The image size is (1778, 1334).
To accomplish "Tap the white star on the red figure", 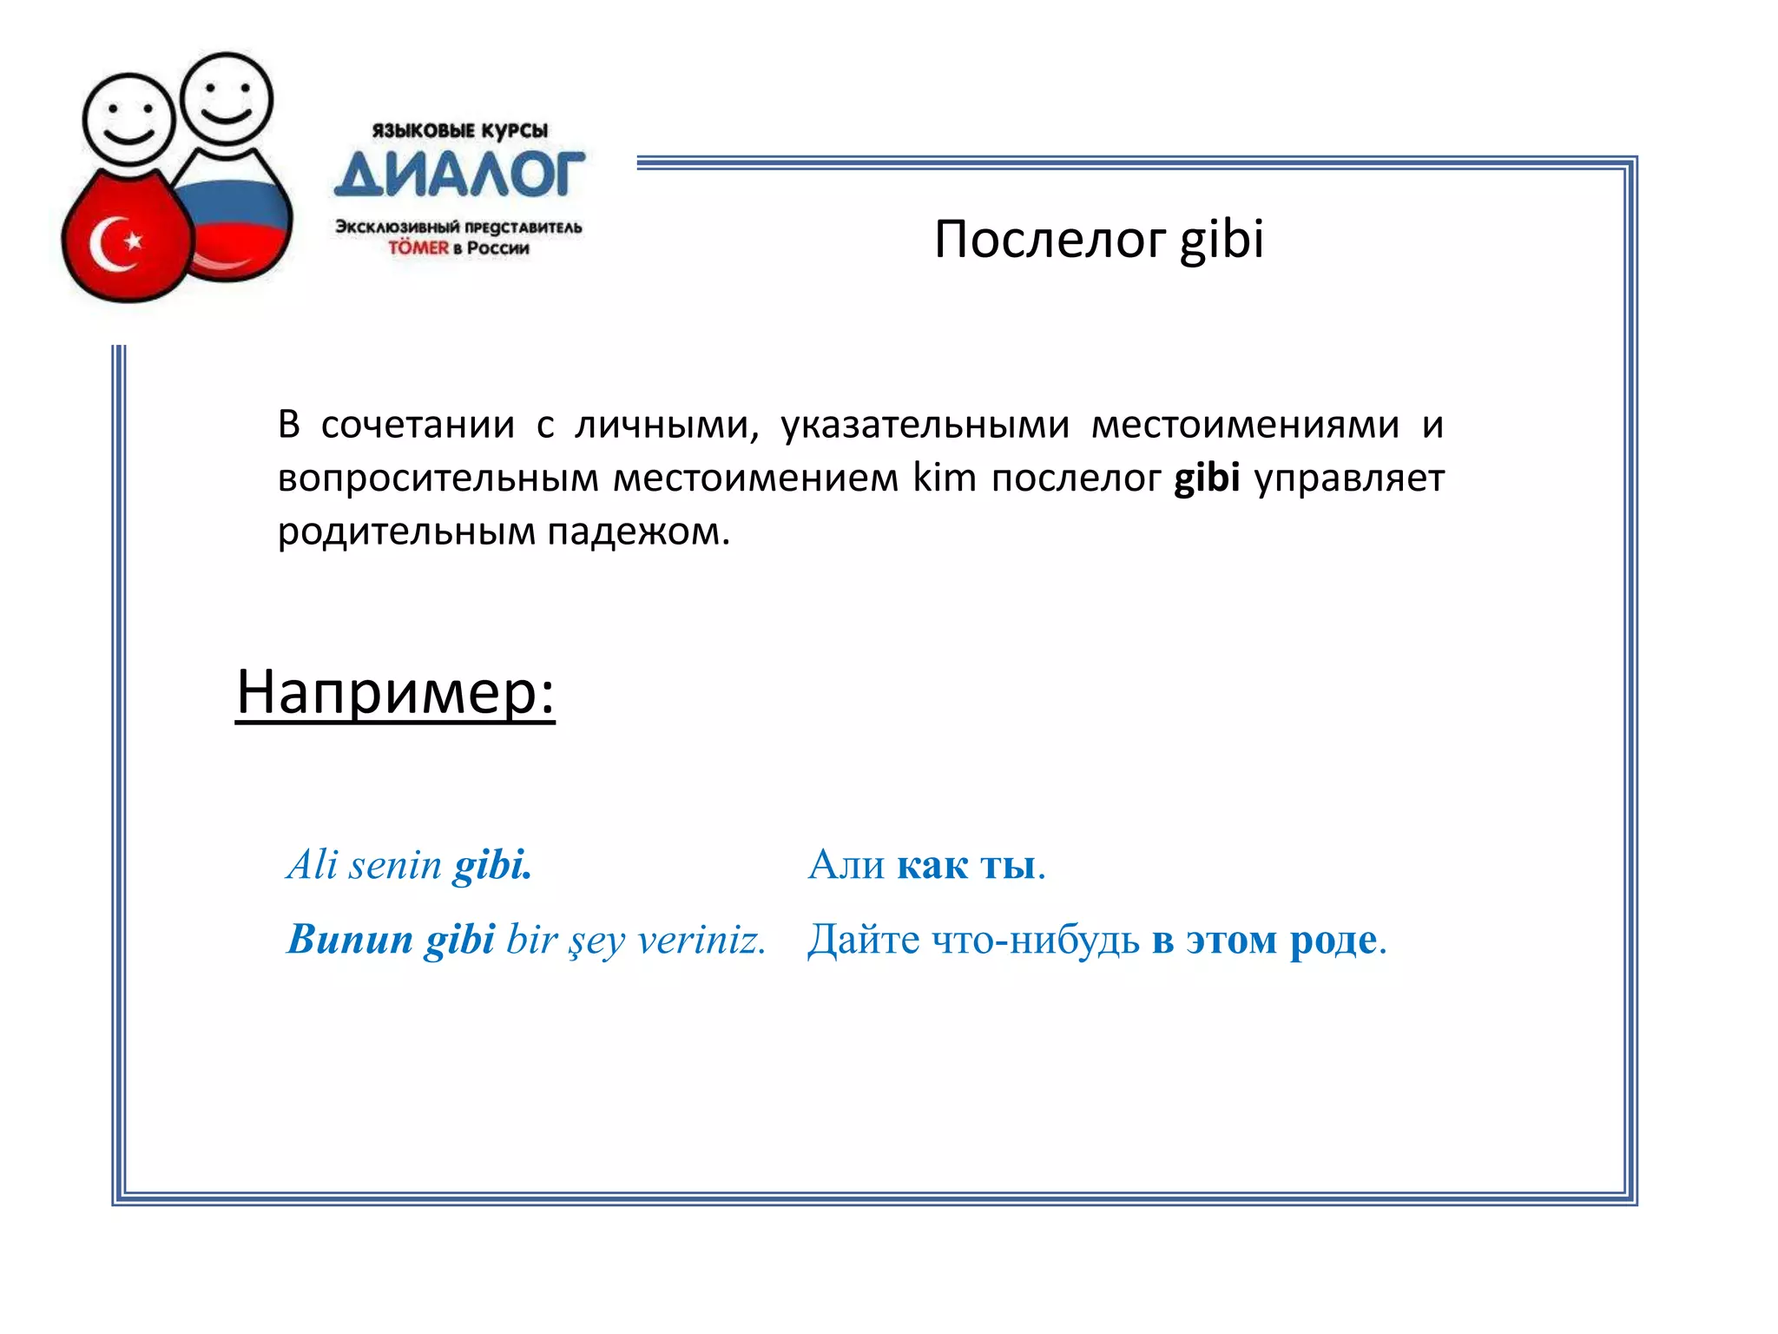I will (133, 240).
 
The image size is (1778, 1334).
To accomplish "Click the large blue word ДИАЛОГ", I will (459, 174).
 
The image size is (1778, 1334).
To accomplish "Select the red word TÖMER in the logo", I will (418, 248).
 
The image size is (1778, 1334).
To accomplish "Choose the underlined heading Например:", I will (395, 692).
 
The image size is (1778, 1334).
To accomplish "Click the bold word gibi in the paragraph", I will (1206, 479).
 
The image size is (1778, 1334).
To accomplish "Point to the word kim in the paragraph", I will (944, 479).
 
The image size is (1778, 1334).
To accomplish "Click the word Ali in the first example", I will (312, 865).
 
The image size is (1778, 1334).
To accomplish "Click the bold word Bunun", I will (350, 940).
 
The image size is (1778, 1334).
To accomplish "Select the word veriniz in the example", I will (701, 940).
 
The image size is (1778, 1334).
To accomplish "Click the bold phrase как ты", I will (966, 865).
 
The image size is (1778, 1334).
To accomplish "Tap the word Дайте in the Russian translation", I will (863, 940).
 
